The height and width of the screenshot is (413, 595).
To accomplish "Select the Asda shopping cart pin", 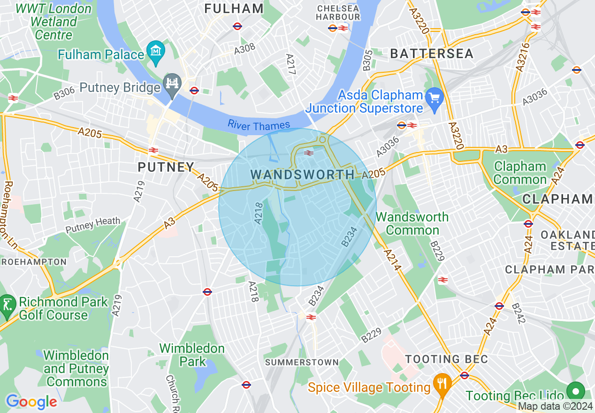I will (x=435, y=98).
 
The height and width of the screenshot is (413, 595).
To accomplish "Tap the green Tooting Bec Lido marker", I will (x=575, y=391).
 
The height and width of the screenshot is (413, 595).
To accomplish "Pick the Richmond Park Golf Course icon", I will (x=8, y=303).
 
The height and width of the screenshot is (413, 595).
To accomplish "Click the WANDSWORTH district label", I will (x=302, y=175).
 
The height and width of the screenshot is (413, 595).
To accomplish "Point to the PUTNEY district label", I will (x=166, y=167).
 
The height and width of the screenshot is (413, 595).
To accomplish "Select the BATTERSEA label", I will (x=432, y=54).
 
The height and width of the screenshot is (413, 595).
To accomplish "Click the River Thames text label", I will (x=259, y=126).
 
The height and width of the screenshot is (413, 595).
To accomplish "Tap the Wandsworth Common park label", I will (x=412, y=224).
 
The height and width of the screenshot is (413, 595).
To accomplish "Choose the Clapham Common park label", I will (x=520, y=173).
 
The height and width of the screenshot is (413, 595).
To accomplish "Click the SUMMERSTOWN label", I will (x=302, y=362).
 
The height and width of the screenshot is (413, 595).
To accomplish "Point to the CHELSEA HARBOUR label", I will (x=338, y=13).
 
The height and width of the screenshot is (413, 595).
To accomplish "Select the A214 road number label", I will (x=392, y=260).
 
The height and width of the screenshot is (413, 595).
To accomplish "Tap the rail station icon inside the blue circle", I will (x=309, y=153).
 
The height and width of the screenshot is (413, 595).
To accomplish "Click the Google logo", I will (x=31, y=402).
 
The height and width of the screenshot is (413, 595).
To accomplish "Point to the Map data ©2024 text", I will (x=555, y=406).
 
